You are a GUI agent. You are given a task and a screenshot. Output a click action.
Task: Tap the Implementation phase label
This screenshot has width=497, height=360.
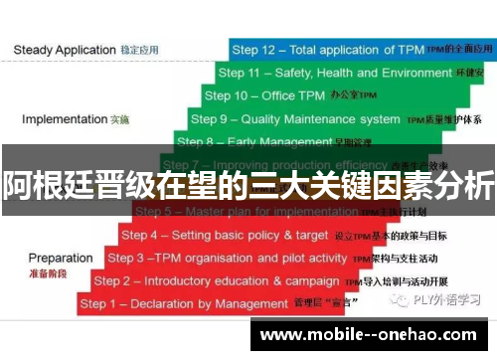click(64, 119)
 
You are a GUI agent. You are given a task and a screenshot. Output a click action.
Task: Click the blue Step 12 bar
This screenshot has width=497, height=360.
click(358, 49)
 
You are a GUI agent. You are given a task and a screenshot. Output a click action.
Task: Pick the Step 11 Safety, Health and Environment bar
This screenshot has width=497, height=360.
click(348, 73)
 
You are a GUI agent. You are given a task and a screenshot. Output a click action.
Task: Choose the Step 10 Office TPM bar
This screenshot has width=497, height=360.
click(338, 95)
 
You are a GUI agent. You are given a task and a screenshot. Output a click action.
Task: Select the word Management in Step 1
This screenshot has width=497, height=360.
click(272, 303)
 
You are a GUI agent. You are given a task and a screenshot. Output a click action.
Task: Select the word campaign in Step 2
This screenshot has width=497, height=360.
click(313, 280)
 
